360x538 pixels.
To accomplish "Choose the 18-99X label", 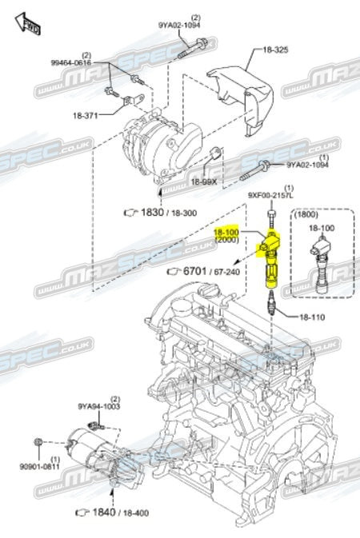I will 204,181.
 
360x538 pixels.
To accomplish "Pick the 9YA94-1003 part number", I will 98,406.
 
